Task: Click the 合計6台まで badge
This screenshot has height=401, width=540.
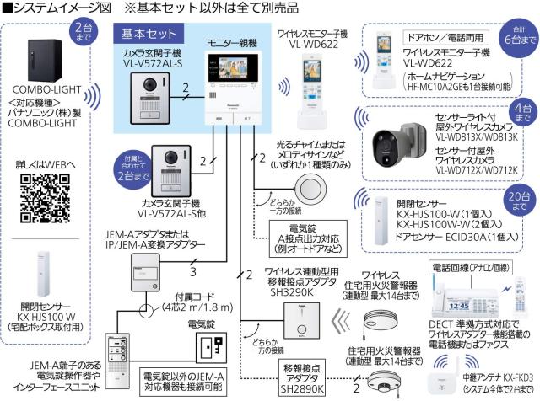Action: pos(516,34)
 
